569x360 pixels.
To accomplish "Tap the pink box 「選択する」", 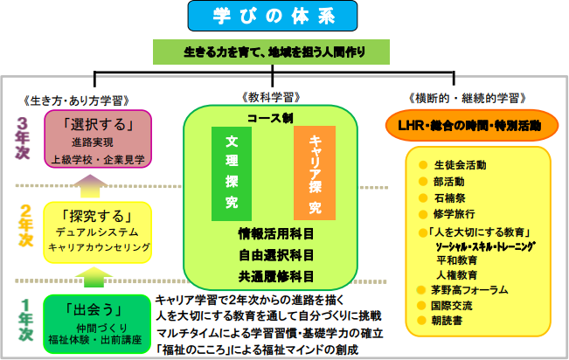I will pos(100,139).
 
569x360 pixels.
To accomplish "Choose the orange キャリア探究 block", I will pos(314,174).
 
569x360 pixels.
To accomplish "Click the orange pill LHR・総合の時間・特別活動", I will pos(475,125).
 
